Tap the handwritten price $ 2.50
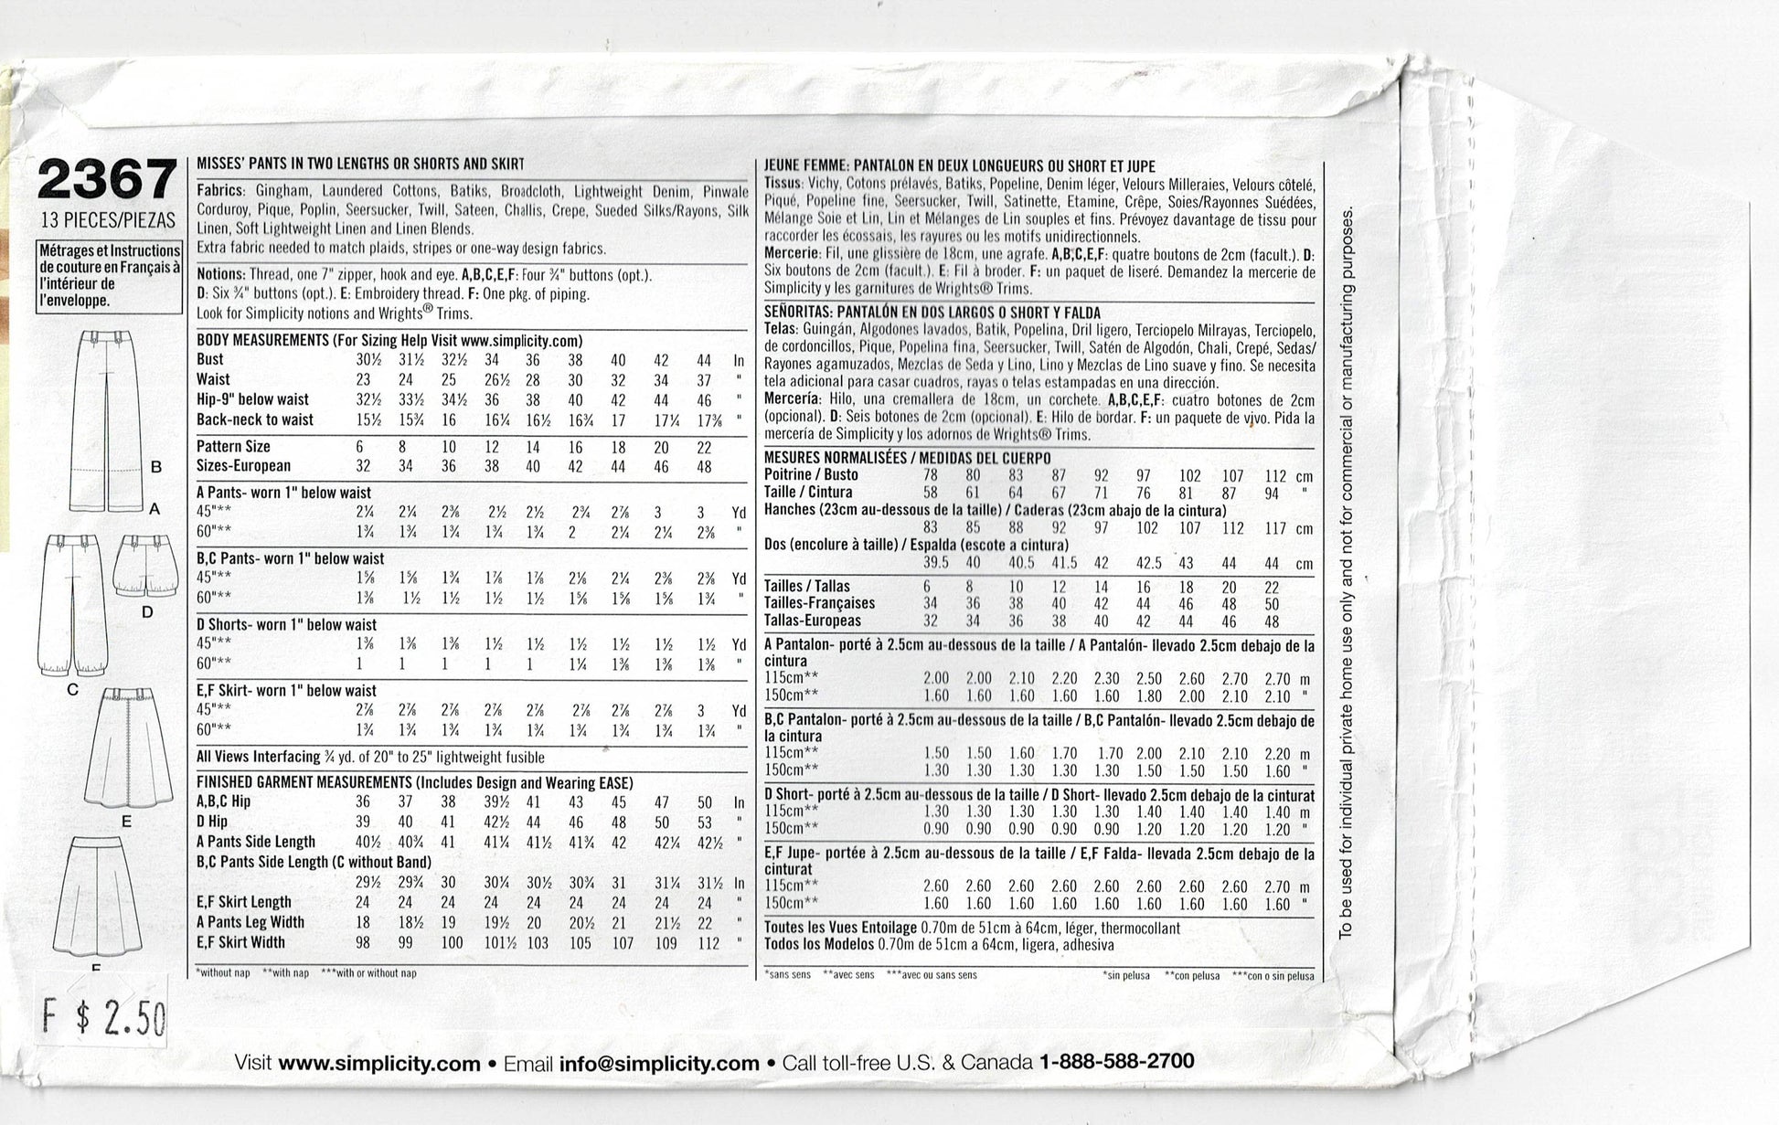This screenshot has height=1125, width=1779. (107, 1016)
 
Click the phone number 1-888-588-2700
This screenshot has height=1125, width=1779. (1116, 1062)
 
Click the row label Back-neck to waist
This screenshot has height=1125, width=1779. (255, 419)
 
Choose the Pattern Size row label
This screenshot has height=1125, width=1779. (233, 447)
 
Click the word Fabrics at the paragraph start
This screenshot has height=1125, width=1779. (220, 190)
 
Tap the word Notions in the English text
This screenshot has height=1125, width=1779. (220, 274)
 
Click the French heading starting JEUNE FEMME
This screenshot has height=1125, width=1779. (959, 166)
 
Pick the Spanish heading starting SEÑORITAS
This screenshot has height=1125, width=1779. (932, 313)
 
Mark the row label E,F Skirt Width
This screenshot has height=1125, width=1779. (240, 942)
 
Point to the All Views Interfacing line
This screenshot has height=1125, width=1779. (370, 757)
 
